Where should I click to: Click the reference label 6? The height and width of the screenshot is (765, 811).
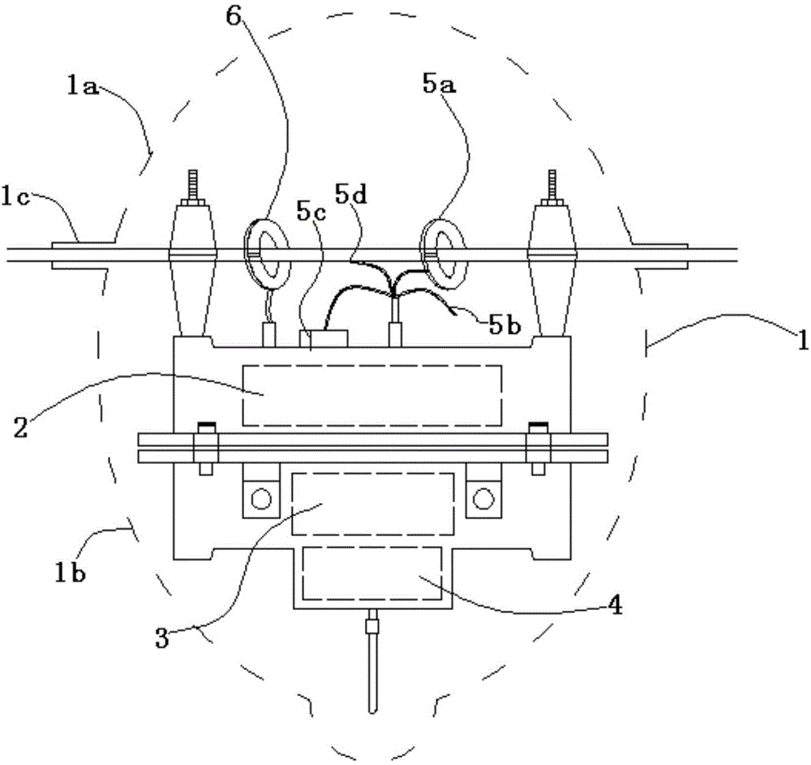[234, 17]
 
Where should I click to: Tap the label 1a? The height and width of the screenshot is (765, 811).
[82, 86]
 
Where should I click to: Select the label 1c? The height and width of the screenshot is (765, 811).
[15, 198]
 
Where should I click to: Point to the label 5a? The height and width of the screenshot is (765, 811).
[439, 84]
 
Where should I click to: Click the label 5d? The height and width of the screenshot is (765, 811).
[351, 194]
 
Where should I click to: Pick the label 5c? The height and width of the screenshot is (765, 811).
[312, 211]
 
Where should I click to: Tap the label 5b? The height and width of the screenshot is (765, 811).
[504, 324]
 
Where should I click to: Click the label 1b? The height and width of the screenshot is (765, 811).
[71, 573]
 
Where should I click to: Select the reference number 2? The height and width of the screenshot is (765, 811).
[21, 428]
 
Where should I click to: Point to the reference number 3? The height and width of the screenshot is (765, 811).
[162, 638]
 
